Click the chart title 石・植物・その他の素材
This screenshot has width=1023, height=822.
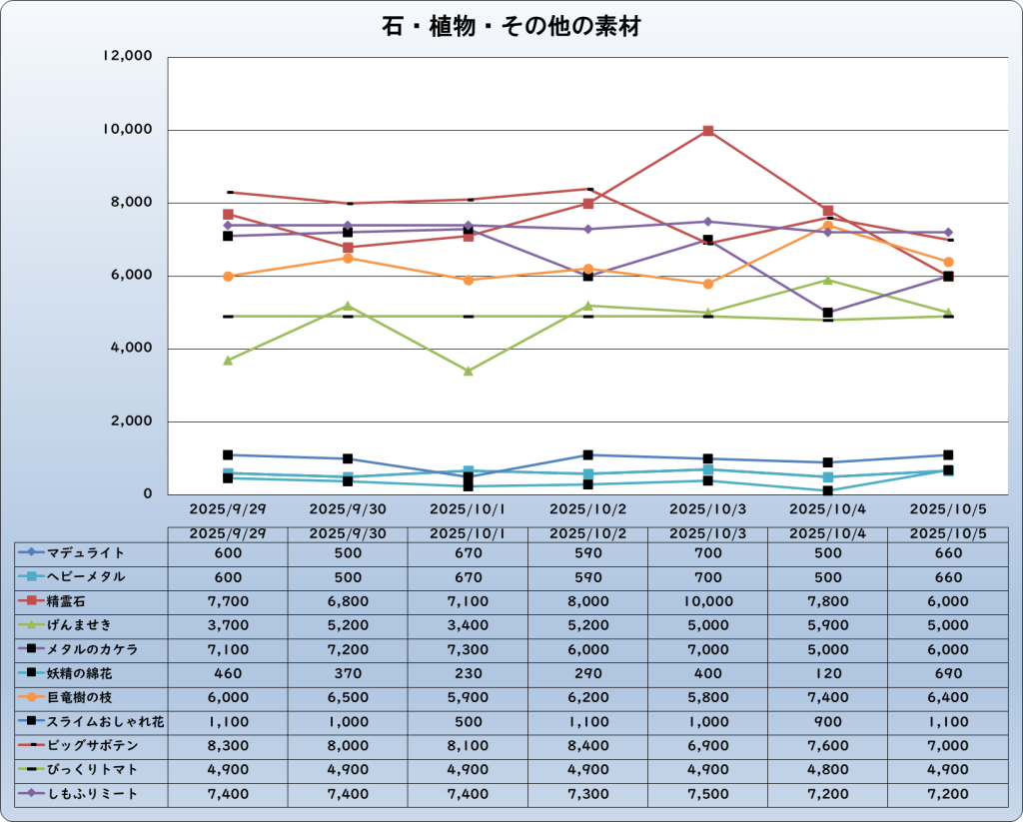click(511, 26)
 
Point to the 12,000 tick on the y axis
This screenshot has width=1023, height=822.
click(127, 57)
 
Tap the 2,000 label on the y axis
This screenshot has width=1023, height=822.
click(131, 421)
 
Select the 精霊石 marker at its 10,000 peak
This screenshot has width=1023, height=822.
click(708, 131)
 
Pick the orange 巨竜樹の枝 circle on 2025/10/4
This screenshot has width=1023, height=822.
click(828, 226)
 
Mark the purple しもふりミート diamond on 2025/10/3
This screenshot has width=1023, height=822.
click(708, 222)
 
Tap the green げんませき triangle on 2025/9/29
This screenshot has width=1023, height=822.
click(228, 360)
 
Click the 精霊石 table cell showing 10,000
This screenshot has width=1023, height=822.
click(708, 601)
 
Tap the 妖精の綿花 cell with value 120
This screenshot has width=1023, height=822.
click(828, 673)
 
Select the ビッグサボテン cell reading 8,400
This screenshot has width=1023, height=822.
click(588, 746)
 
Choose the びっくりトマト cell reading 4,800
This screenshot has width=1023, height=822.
click(828, 770)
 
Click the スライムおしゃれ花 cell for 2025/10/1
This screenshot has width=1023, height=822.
click(468, 721)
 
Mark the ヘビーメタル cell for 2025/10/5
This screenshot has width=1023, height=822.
click(948, 577)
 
